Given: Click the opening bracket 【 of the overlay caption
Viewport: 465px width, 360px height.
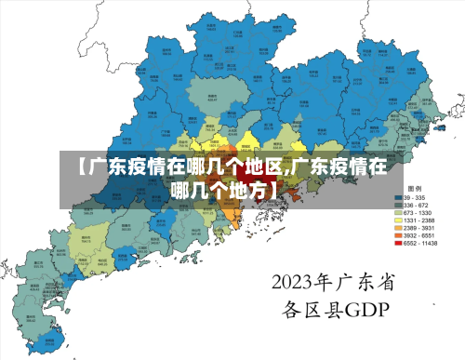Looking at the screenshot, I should [x=81, y=167].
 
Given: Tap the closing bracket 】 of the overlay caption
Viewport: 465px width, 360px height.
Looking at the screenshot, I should [x=272, y=190].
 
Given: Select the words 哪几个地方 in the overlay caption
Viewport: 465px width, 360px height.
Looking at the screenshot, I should [x=223, y=190].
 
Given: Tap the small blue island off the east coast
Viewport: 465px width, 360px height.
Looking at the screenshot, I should [x=416, y=140].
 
